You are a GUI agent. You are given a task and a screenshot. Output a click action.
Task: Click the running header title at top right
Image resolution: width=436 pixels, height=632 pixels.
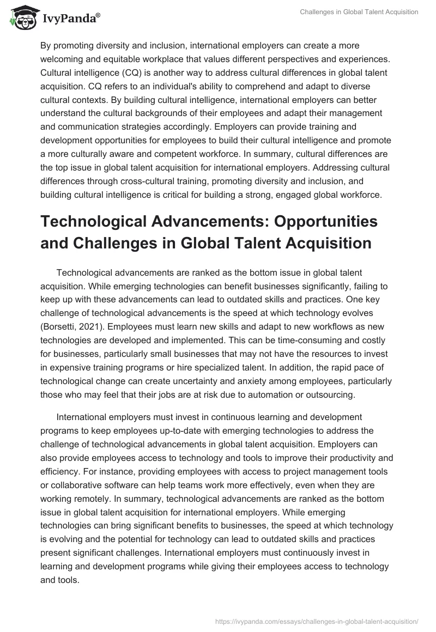359,12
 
